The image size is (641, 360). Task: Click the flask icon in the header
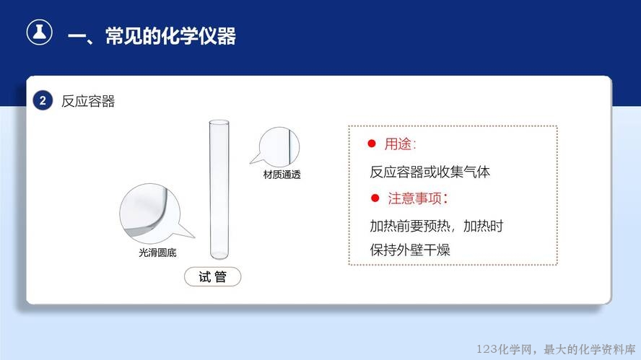(39, 32)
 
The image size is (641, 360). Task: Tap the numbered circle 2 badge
(43, 100)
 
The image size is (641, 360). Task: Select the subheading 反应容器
(88, 101)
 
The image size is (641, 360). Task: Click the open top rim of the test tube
(219, 122)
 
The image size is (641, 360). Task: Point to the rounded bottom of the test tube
(219, 254)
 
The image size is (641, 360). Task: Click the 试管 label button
(212, 276)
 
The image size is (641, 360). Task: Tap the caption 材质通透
(282, 175)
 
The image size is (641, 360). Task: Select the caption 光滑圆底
(158, 253)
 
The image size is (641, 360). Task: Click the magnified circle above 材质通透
(279, 146)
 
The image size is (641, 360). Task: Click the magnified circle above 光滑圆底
(149, 214)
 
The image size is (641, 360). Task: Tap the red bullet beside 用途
(372, 144)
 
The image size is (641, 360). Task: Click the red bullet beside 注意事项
(375, 198)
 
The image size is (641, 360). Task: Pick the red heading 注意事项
(418, 198)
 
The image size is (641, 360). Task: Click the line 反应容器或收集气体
(429, 172)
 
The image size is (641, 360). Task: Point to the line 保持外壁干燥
(410, 250)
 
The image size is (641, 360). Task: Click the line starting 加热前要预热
(437, 226)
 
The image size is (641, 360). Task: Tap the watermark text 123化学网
(505, 349)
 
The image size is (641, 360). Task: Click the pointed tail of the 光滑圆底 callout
(194, 237)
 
